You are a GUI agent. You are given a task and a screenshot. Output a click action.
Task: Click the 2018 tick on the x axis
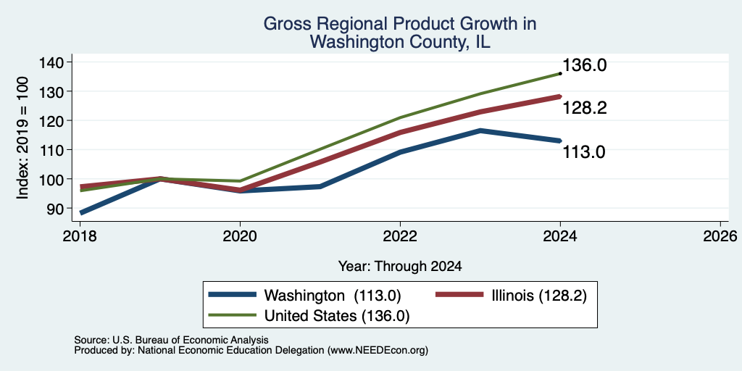click(80, 235)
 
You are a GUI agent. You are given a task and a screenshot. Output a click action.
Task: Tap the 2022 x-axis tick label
click(400, 235)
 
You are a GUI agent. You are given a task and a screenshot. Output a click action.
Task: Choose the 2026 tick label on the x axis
click(720, 235)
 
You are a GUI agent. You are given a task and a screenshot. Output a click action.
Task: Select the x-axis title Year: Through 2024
click(400, 267)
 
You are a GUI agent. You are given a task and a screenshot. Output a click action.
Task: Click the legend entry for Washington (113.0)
click(305, 296)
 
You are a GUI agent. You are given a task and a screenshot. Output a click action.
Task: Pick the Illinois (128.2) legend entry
click(511, 296)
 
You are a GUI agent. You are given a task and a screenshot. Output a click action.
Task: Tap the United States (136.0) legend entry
click(309, 316)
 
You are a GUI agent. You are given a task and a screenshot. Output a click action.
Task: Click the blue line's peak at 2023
click(480, 130)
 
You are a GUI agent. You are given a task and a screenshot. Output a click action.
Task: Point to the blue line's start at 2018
click(81, 213)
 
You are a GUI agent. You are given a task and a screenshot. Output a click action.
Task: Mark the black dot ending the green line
click(560, 73)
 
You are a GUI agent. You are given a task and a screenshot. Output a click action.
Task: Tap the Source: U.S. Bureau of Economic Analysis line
click(171, 340)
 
